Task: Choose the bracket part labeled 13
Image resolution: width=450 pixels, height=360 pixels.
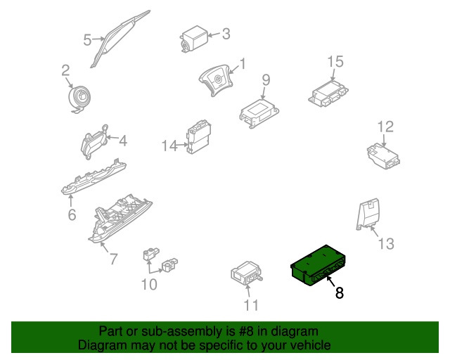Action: pos(367,215)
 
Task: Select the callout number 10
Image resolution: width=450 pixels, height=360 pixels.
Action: pos(149,285)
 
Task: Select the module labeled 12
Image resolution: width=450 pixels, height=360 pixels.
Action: pos(382,156)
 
